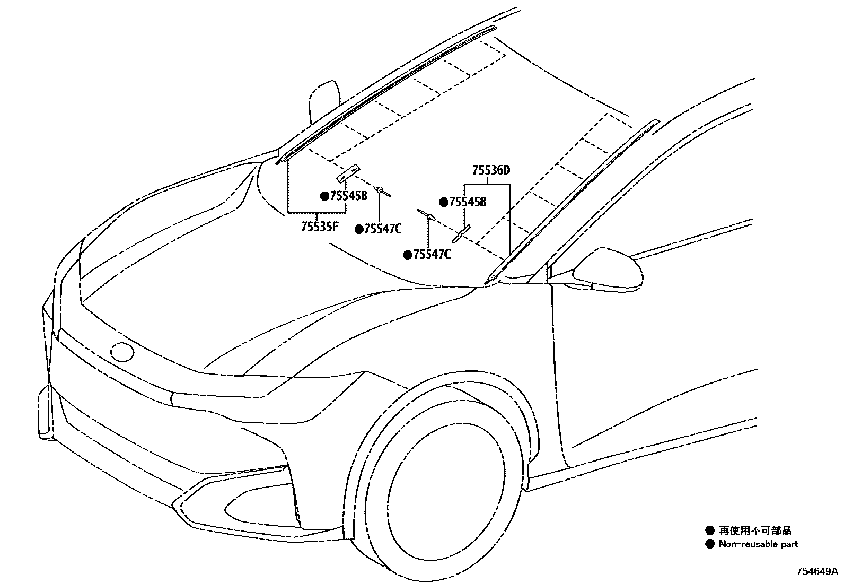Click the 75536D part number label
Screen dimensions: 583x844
click(x=491, y=171)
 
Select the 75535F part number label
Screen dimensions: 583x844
click(x=319, y=227)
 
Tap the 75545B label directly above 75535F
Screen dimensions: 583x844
click(x=348, y=196)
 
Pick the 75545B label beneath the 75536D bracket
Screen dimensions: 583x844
click(x=468, y=202)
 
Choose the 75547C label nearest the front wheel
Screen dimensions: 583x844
click(x=432, y=255)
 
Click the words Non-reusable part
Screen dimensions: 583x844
click(x=758, y=544)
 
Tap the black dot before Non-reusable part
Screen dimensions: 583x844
click(x=710, y=544)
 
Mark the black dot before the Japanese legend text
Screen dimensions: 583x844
click(x=710, y=530)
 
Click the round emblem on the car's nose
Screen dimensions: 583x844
click(x=122, y=352)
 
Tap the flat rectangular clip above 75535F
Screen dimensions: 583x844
click(x=348, y=172)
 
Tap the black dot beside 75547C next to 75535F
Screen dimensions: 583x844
click(x=359, y=229)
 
